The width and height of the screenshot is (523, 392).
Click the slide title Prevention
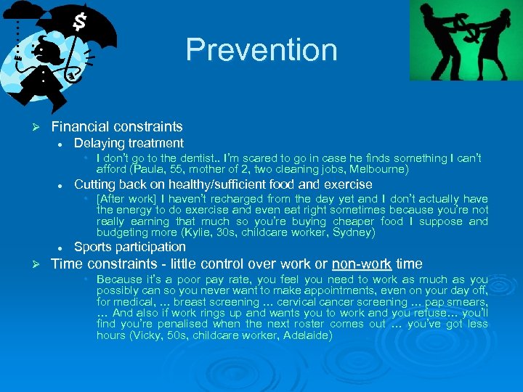pos(261,50)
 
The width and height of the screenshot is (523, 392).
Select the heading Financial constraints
pos(117,127)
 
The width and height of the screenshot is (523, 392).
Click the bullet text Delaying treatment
pos(129,143)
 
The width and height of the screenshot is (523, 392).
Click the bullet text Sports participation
pos(130,247)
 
